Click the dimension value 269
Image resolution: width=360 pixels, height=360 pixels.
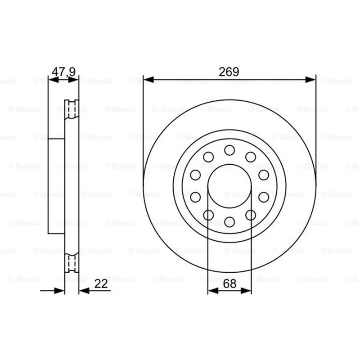click(229, 72)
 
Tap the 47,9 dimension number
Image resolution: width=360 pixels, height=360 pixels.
click(63, 72)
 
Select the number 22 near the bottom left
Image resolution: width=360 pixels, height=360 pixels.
click(101, 284)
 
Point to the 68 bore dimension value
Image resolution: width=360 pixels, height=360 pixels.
click(229, 284)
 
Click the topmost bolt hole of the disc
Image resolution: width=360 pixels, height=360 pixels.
click(229, 150)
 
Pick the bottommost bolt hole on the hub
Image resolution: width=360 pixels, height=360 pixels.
click(229, 222)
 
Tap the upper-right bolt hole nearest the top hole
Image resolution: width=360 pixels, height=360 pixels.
click(251, 157)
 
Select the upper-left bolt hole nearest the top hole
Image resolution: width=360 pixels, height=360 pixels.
click(208, 157)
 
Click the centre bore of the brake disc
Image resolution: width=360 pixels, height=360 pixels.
click(229, 186)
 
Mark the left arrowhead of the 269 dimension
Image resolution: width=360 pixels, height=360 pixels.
click(148, 80)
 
